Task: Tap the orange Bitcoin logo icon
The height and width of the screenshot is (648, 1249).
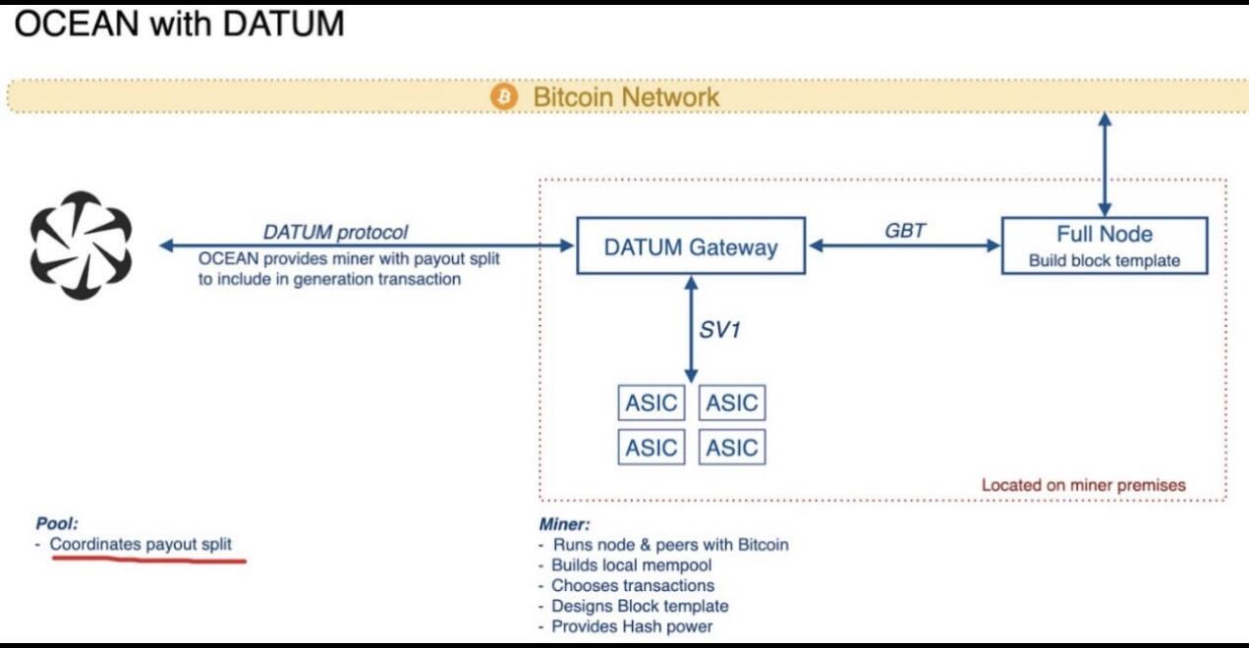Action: [x=504, y=97]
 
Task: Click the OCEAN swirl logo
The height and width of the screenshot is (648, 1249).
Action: [x=82, y=245]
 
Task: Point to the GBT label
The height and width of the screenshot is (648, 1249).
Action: [x=905, y=231]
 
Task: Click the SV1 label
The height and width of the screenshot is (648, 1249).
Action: [x=719, y=330]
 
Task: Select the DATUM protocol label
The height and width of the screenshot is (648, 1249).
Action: [x=335, y=232]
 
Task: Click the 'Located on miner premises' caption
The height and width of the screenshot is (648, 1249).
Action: [x=1083, y=485]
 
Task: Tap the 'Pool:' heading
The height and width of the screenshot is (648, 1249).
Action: [x=57, y=523]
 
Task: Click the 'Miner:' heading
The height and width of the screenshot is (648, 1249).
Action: [x=564, y=524]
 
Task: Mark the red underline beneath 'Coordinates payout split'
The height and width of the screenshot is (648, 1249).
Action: [x=148, y=560]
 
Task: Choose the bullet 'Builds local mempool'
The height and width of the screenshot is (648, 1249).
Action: [x=631, y=565]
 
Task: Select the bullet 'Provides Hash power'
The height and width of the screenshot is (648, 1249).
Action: [x=632, y=626]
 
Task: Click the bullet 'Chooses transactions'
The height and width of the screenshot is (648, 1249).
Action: [x=633, y=585]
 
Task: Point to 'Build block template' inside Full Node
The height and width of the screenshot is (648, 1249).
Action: [x=1105, y=261]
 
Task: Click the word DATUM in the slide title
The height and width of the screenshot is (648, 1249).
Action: [x=284, y=24]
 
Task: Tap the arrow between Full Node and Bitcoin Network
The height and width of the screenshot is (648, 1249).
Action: [x=1105, y=164]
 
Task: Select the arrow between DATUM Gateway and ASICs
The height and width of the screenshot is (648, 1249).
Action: [x=691, y=330]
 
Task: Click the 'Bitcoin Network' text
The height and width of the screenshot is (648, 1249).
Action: [x=626, y=97]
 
